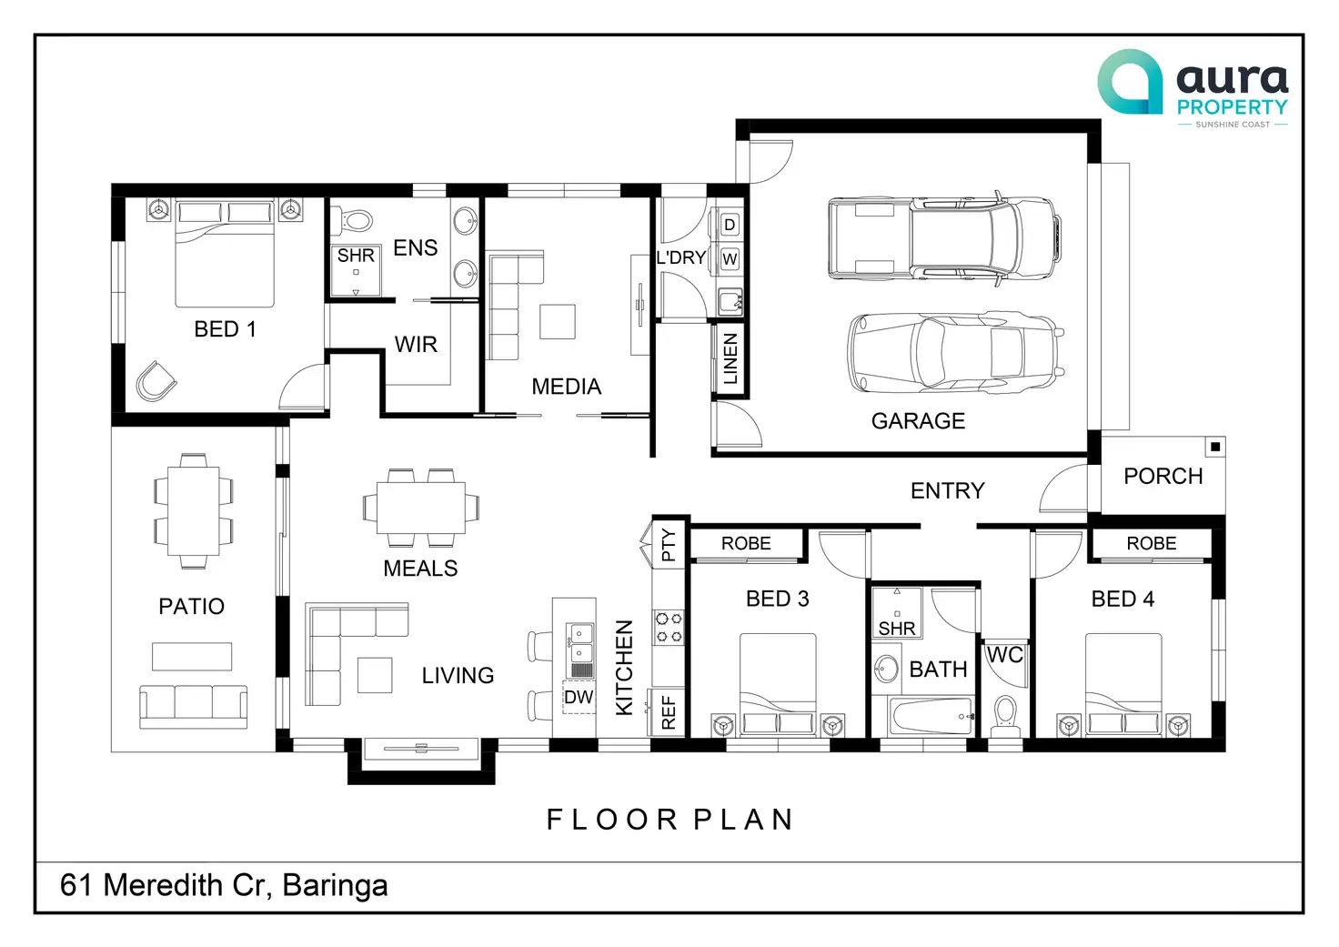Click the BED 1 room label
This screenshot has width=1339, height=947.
[x=226, y=329]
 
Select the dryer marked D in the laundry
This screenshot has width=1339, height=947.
[x=730, y=226]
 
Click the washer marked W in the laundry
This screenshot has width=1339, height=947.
[x=730, y=259]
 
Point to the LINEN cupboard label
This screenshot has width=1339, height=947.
[x=730, y=358]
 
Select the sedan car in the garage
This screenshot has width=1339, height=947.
[x=955, y=353]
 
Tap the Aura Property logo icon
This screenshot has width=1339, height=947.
[x=1130, y=82]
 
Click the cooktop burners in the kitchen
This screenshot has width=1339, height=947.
[x=669, y=627]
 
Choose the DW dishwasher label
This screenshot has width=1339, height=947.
[x=579, y=697]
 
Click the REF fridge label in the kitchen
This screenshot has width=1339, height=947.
[x=669, y=712]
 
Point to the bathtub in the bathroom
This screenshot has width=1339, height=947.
[x=931, y=716]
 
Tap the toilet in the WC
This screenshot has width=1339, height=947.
[x=1005, y=716]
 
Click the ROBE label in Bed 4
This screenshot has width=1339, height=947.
[x=1152, y=543]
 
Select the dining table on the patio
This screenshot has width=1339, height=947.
[x=193, y=511]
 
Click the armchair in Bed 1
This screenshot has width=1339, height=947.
[x=156, y=381]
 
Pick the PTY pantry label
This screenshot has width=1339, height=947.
[x=669, y=545]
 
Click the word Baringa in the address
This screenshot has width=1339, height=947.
[x=335, y=886]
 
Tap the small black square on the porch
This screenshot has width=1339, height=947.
[x=1215, y=447]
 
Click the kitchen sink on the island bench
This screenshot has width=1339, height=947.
[x=579, y=642]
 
